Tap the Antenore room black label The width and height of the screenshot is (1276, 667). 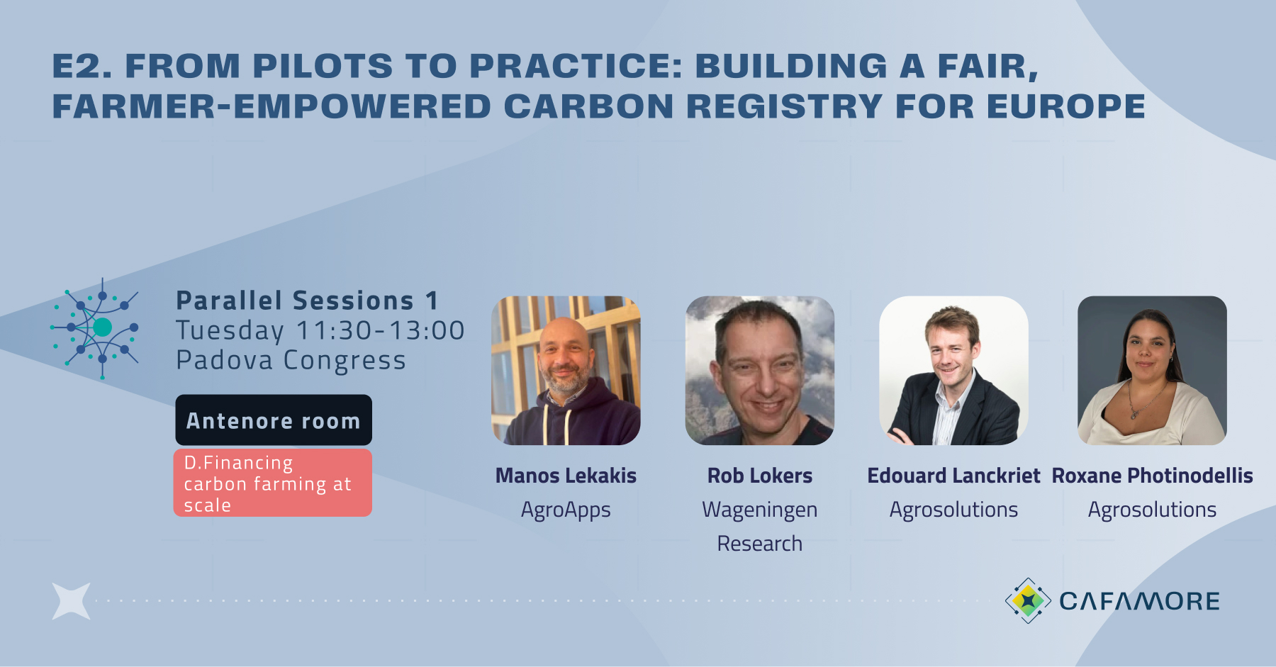[x=274, y=420]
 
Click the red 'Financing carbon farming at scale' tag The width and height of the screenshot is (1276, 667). [x=273, y=483]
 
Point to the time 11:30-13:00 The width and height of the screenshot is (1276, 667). [x=380, y=330]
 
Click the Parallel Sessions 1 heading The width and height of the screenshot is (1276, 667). [x=307, y=301]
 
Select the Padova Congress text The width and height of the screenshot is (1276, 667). [x=291, y=360]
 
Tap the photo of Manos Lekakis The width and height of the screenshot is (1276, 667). [x=566, y=370]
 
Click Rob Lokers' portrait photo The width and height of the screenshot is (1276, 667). [x=760, y=370]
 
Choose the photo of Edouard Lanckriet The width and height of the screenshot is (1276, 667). [x=953, y=370]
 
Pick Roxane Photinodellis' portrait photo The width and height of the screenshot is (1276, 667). [x=1152, y=370]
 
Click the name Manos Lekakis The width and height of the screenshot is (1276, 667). [x=566, y=476]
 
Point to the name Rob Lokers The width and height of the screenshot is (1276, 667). [x=760, y=476]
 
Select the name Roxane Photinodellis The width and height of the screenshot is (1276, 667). [x=1152, y=476]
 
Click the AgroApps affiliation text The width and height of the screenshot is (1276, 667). [x=566, y=510]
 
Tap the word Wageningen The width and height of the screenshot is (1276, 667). [x=760, y=510]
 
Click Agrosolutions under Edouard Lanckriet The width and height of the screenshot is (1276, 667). [x=953, y=510]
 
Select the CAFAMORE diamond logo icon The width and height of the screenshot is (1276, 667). [x=1028, y=601]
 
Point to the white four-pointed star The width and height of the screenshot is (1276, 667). [x=72, y=601]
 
